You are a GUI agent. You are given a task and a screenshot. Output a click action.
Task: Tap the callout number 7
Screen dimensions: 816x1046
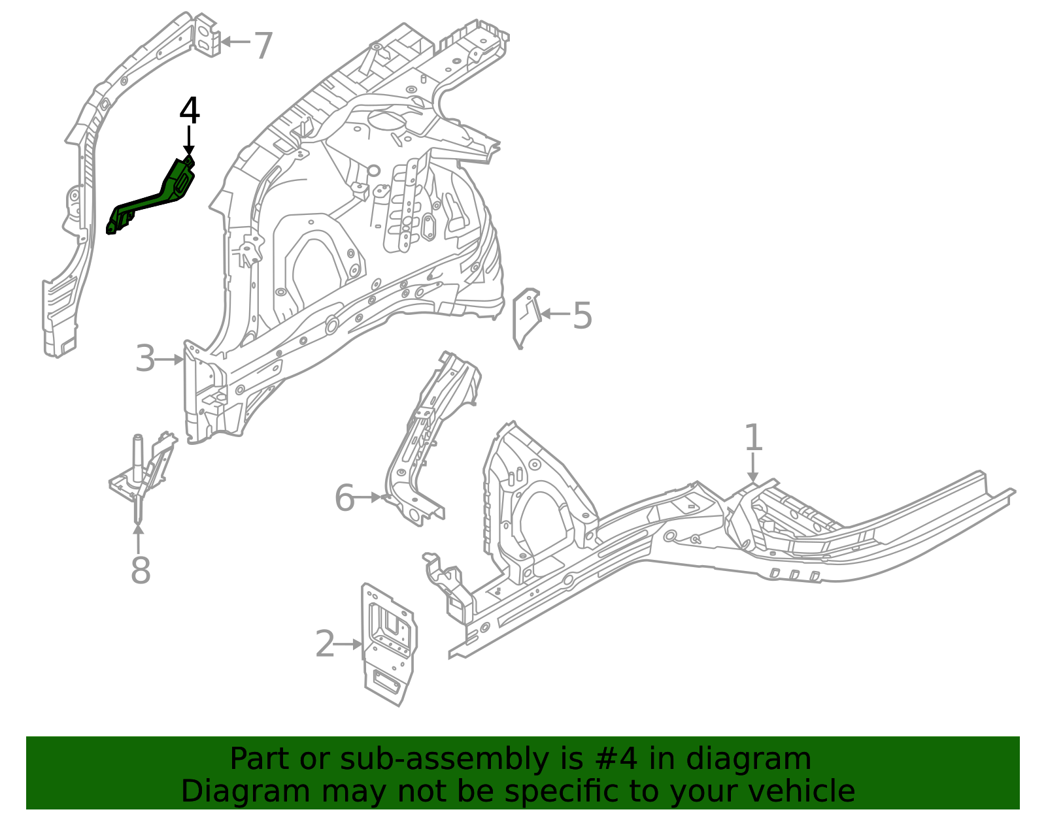(x=263, y=47)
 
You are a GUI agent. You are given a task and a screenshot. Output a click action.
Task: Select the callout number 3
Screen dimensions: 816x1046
(x=145, y=359)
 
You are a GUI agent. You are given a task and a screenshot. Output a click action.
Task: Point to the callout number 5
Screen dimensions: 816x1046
(x=582, y=316)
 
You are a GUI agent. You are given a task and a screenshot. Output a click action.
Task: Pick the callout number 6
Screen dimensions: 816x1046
(x=344, y=498)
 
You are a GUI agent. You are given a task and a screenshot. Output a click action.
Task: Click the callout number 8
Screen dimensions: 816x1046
(x=141, y=570)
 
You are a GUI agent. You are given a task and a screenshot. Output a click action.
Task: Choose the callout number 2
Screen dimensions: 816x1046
(x=325, y=645)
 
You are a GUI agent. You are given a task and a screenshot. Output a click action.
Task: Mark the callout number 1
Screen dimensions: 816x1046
(x=753, y=438)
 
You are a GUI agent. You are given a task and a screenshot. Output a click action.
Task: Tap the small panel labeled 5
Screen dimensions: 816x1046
(x=525, y=317)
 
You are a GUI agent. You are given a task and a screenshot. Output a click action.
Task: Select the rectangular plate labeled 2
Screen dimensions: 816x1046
(x=388, y=644)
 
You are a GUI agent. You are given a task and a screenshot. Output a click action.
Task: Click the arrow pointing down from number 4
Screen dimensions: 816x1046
(x=189, y=140)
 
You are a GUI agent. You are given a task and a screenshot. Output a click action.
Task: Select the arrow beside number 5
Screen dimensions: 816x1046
(x=554, y=314)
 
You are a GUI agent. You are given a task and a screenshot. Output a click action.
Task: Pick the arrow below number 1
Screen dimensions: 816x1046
(x=753, y=469)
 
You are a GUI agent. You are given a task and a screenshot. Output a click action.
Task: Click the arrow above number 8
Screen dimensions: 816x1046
(x=139, y=540)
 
